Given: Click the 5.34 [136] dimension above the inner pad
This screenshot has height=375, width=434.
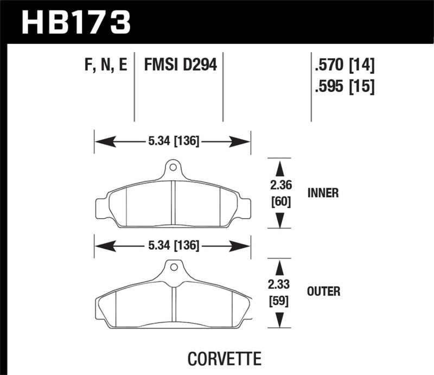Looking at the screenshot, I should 173,142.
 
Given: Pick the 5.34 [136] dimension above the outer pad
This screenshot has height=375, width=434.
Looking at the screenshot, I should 173,246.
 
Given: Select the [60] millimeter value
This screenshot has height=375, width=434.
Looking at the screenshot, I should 280,202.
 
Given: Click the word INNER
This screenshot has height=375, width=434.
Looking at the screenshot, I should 323,193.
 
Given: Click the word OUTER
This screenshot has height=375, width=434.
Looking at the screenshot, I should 323,292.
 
